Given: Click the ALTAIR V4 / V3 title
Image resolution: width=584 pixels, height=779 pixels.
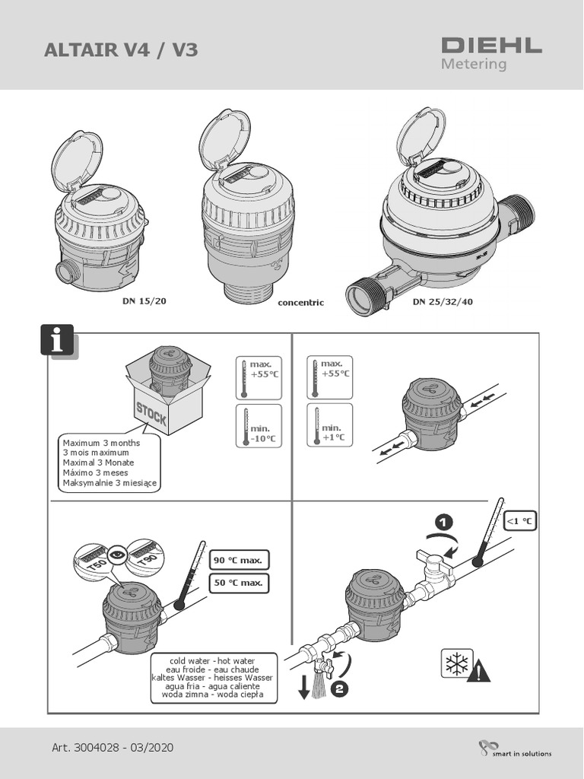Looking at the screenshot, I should pos(121,50).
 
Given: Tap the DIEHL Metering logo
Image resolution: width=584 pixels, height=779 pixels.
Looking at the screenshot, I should pos(491,52).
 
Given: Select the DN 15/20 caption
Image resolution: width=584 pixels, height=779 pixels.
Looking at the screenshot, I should pos(144,300).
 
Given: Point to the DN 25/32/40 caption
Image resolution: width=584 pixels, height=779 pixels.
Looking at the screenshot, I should pos(443,301).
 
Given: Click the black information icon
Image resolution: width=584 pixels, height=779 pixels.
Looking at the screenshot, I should pos(58,341).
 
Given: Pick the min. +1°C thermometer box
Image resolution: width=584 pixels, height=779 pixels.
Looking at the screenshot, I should pos(329,426).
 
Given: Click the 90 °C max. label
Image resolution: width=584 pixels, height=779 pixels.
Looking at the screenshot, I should pos(238,561).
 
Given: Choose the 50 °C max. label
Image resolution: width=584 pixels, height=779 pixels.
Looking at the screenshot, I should pos(238,583).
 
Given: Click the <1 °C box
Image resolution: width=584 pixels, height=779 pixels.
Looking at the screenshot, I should pos(520,521).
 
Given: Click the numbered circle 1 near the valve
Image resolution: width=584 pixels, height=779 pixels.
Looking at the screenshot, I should pos(444,522).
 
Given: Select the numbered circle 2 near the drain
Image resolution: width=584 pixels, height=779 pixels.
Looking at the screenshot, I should pos(341,691).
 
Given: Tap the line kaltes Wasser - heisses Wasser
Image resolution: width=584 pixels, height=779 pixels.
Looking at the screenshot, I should pos(212,677).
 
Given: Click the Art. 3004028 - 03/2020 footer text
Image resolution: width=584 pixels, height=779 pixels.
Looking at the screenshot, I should pos(113,748).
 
